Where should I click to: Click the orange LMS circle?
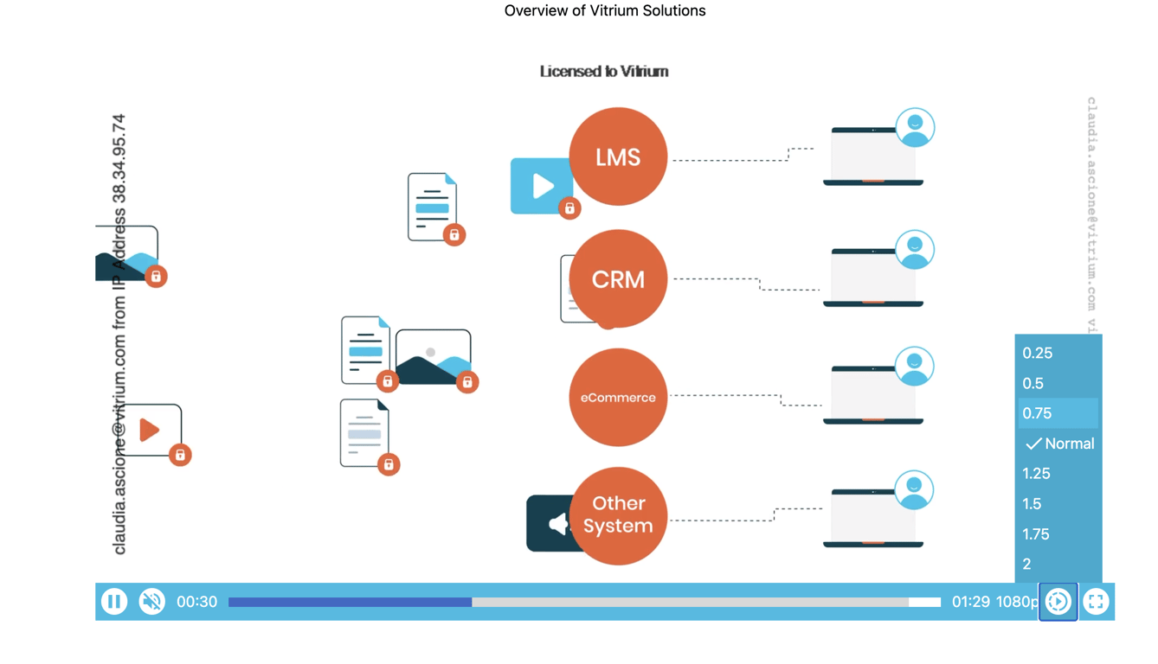(x=618, y=156)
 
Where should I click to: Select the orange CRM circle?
(x=618, y=279)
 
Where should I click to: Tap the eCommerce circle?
(x=618, y=398)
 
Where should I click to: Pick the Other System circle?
(x=618, y=515)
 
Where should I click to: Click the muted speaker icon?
(x=152, y=602)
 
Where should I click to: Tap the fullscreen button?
(x=1096, y=602)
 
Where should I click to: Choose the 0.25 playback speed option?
(x=1038, y=353)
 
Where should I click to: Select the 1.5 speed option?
(x=1032, y=504)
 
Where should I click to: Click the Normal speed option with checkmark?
(x=1060, y=444)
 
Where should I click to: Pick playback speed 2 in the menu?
(x=1027, y=564)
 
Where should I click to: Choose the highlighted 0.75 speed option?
(x=1038, y=413)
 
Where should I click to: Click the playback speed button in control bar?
(x=1058, y=602)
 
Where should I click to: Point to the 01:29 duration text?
(x=970, y=602)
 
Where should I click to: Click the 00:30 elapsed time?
(x=196, y=602)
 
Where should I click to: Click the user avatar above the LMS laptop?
(x=915, y=128)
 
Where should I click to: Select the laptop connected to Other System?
(x=873, y=517)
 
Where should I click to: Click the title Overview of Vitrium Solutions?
(x=605, y=11)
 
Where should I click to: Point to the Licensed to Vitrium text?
(x=604, y=72)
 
